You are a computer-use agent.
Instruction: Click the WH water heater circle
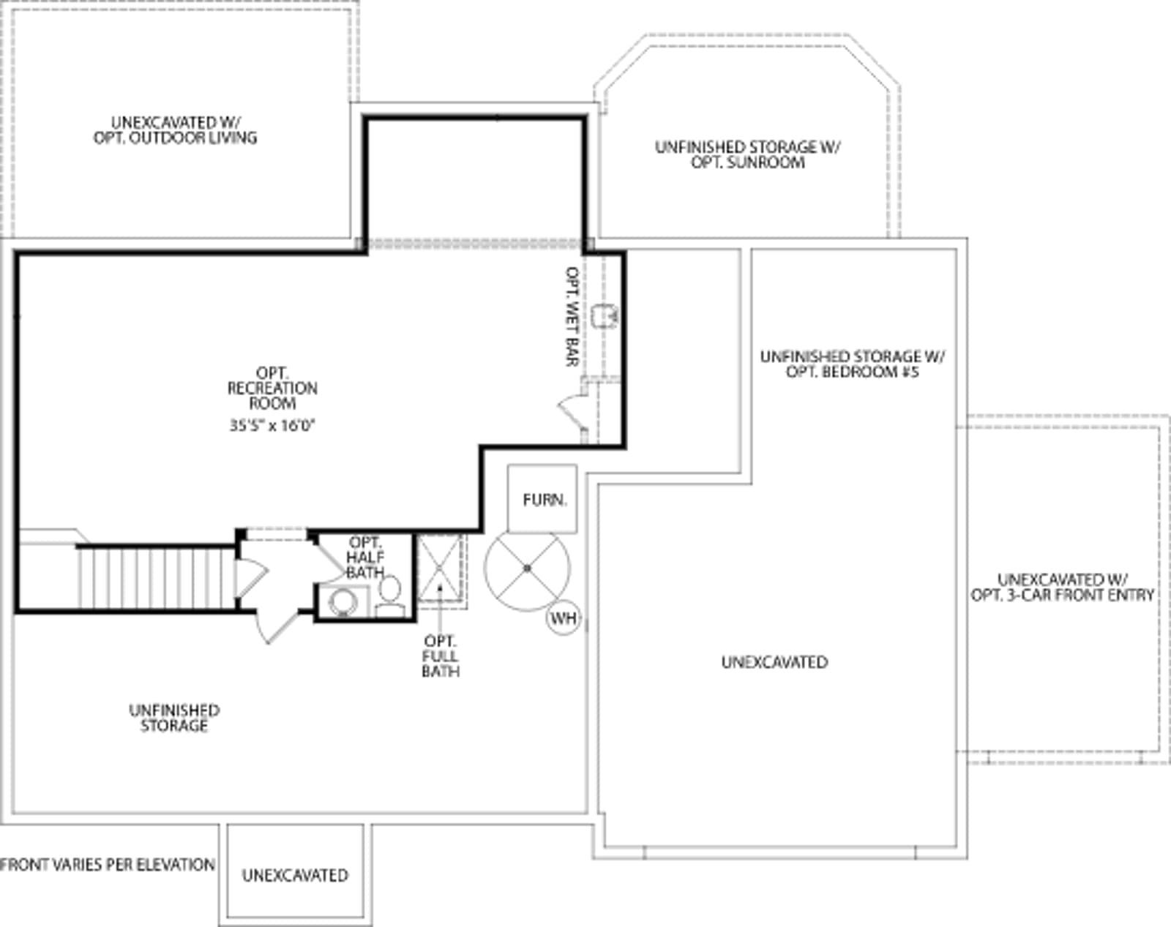coord(564,618)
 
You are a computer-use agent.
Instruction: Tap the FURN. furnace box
coord(542,498)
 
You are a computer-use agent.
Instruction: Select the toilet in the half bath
coord(389,596)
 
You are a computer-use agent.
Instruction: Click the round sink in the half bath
coord(343,601)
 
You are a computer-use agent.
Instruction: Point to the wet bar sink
coord(604,315)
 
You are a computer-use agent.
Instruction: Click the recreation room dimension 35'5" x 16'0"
coord(272,425)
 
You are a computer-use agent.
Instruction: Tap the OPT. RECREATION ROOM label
coord(272,389)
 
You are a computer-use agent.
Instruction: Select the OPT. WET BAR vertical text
coord(572,316)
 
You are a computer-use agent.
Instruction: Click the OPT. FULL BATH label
coord(440,656)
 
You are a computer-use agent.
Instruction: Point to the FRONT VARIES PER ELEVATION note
coord(107,864)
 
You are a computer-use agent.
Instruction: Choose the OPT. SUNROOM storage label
coord(748,154)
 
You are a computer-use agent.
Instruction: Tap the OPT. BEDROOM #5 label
coord(853,364)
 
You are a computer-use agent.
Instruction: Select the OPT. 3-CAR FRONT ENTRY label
coord(1062,587)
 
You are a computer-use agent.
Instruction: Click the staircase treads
coord(156,578)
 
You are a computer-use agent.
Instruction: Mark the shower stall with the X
coord(440,568)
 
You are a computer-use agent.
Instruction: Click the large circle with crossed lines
coord(527,568)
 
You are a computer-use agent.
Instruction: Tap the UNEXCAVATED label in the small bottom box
coord(295,875)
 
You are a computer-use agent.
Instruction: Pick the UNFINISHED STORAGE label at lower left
coord(174,718)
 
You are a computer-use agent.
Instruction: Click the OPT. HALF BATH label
coord(365,557)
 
